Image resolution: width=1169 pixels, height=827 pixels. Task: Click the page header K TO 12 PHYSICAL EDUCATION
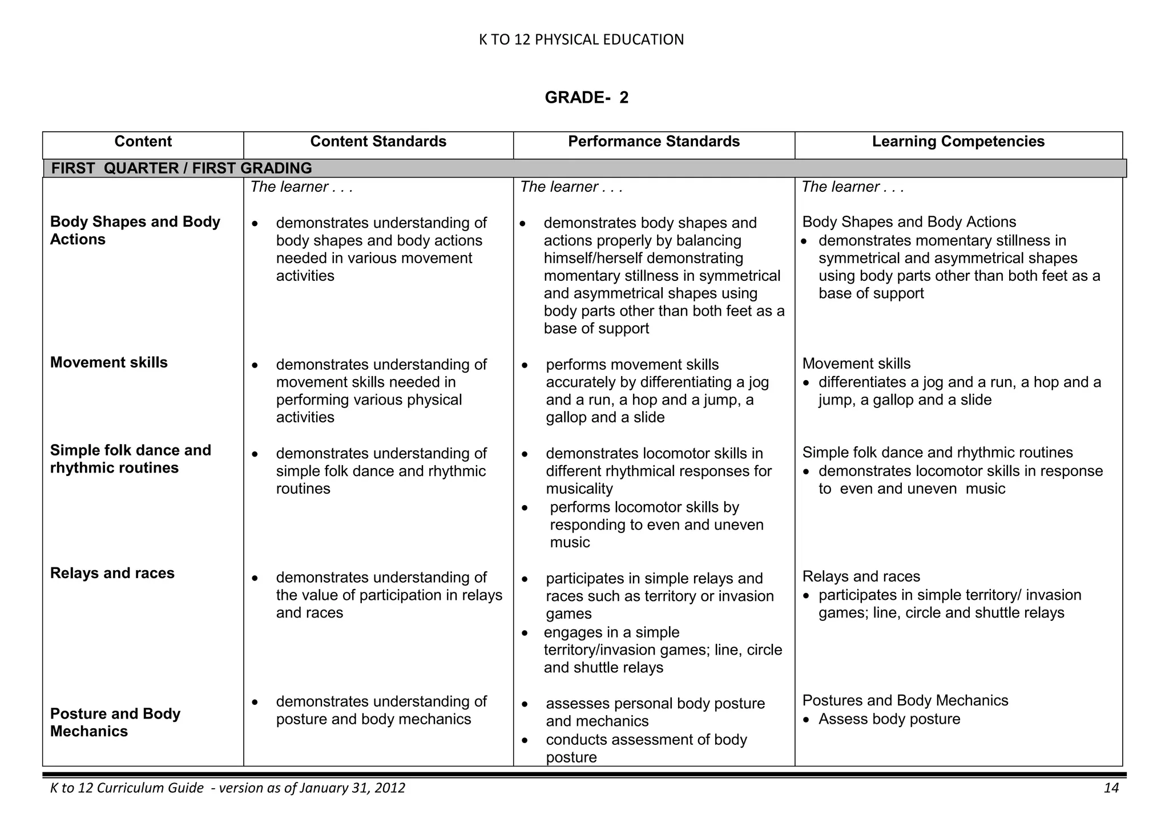(x=581, y=39)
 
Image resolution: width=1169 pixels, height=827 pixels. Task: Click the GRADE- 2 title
(x=586, y=98)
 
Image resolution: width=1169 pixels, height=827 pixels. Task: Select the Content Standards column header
(x=378, y=142)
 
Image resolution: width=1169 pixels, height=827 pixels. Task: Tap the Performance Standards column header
(x=654, y=142)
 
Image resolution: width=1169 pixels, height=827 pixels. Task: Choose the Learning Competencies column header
(x=958, y=142)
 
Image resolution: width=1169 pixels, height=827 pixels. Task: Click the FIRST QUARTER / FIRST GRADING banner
(x=182, y=168)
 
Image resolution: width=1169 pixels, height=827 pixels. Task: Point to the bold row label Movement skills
(x=108, y=362)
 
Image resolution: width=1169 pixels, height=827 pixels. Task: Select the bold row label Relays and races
(x=112, y=573)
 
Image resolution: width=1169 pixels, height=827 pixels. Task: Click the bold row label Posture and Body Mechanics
(x=115, y=722)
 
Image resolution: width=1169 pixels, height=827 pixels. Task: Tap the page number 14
(x=1111, y=788)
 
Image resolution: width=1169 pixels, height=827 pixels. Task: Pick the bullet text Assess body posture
(x=889, y=719)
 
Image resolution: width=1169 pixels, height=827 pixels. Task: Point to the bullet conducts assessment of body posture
(x=646, y=748)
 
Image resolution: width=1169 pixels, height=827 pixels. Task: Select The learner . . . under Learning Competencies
(x=852, y=187)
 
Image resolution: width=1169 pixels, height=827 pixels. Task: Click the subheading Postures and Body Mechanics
(x=905, y=700)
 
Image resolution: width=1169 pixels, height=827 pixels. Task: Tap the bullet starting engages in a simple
(x=662, y=650)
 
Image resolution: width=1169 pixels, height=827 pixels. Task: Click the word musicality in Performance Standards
(x=579, y=489)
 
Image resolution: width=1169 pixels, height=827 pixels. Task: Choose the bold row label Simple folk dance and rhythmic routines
(x=130, y=459)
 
